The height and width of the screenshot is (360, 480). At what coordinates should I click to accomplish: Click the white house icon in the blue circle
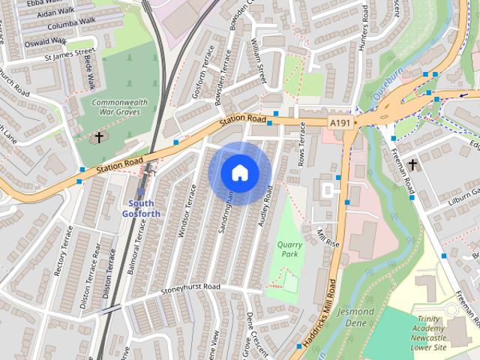(x=239, y=173)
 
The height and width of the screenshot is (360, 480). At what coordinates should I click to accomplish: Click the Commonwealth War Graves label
(x=120, y=107)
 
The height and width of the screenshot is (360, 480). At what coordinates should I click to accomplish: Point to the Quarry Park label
(x=287, y=248)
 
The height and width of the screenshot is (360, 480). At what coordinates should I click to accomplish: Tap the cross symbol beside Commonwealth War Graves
(x=98, y=137)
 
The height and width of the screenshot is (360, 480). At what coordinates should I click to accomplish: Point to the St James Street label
(x=68, y=55)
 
